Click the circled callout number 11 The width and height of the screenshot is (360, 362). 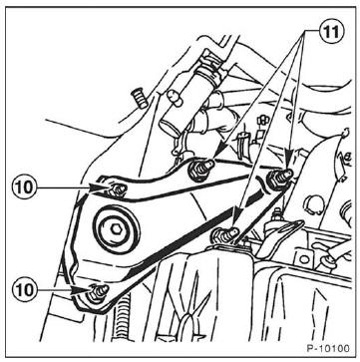click(330, 33)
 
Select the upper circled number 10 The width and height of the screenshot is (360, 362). click(24, 187)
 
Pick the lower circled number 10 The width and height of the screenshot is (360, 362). click(24, 290)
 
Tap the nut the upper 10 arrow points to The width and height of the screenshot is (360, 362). click(118, 190)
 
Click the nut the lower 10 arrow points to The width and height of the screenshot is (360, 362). click(98, 293)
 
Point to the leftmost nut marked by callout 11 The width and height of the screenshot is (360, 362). click(199, 169)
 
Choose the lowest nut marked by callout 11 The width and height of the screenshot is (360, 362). click(225, 235)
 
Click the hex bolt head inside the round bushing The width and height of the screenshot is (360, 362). click(116, 229)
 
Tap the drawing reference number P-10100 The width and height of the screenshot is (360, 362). click(327, 348)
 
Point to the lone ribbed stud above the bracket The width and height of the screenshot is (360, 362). click(140, 99)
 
